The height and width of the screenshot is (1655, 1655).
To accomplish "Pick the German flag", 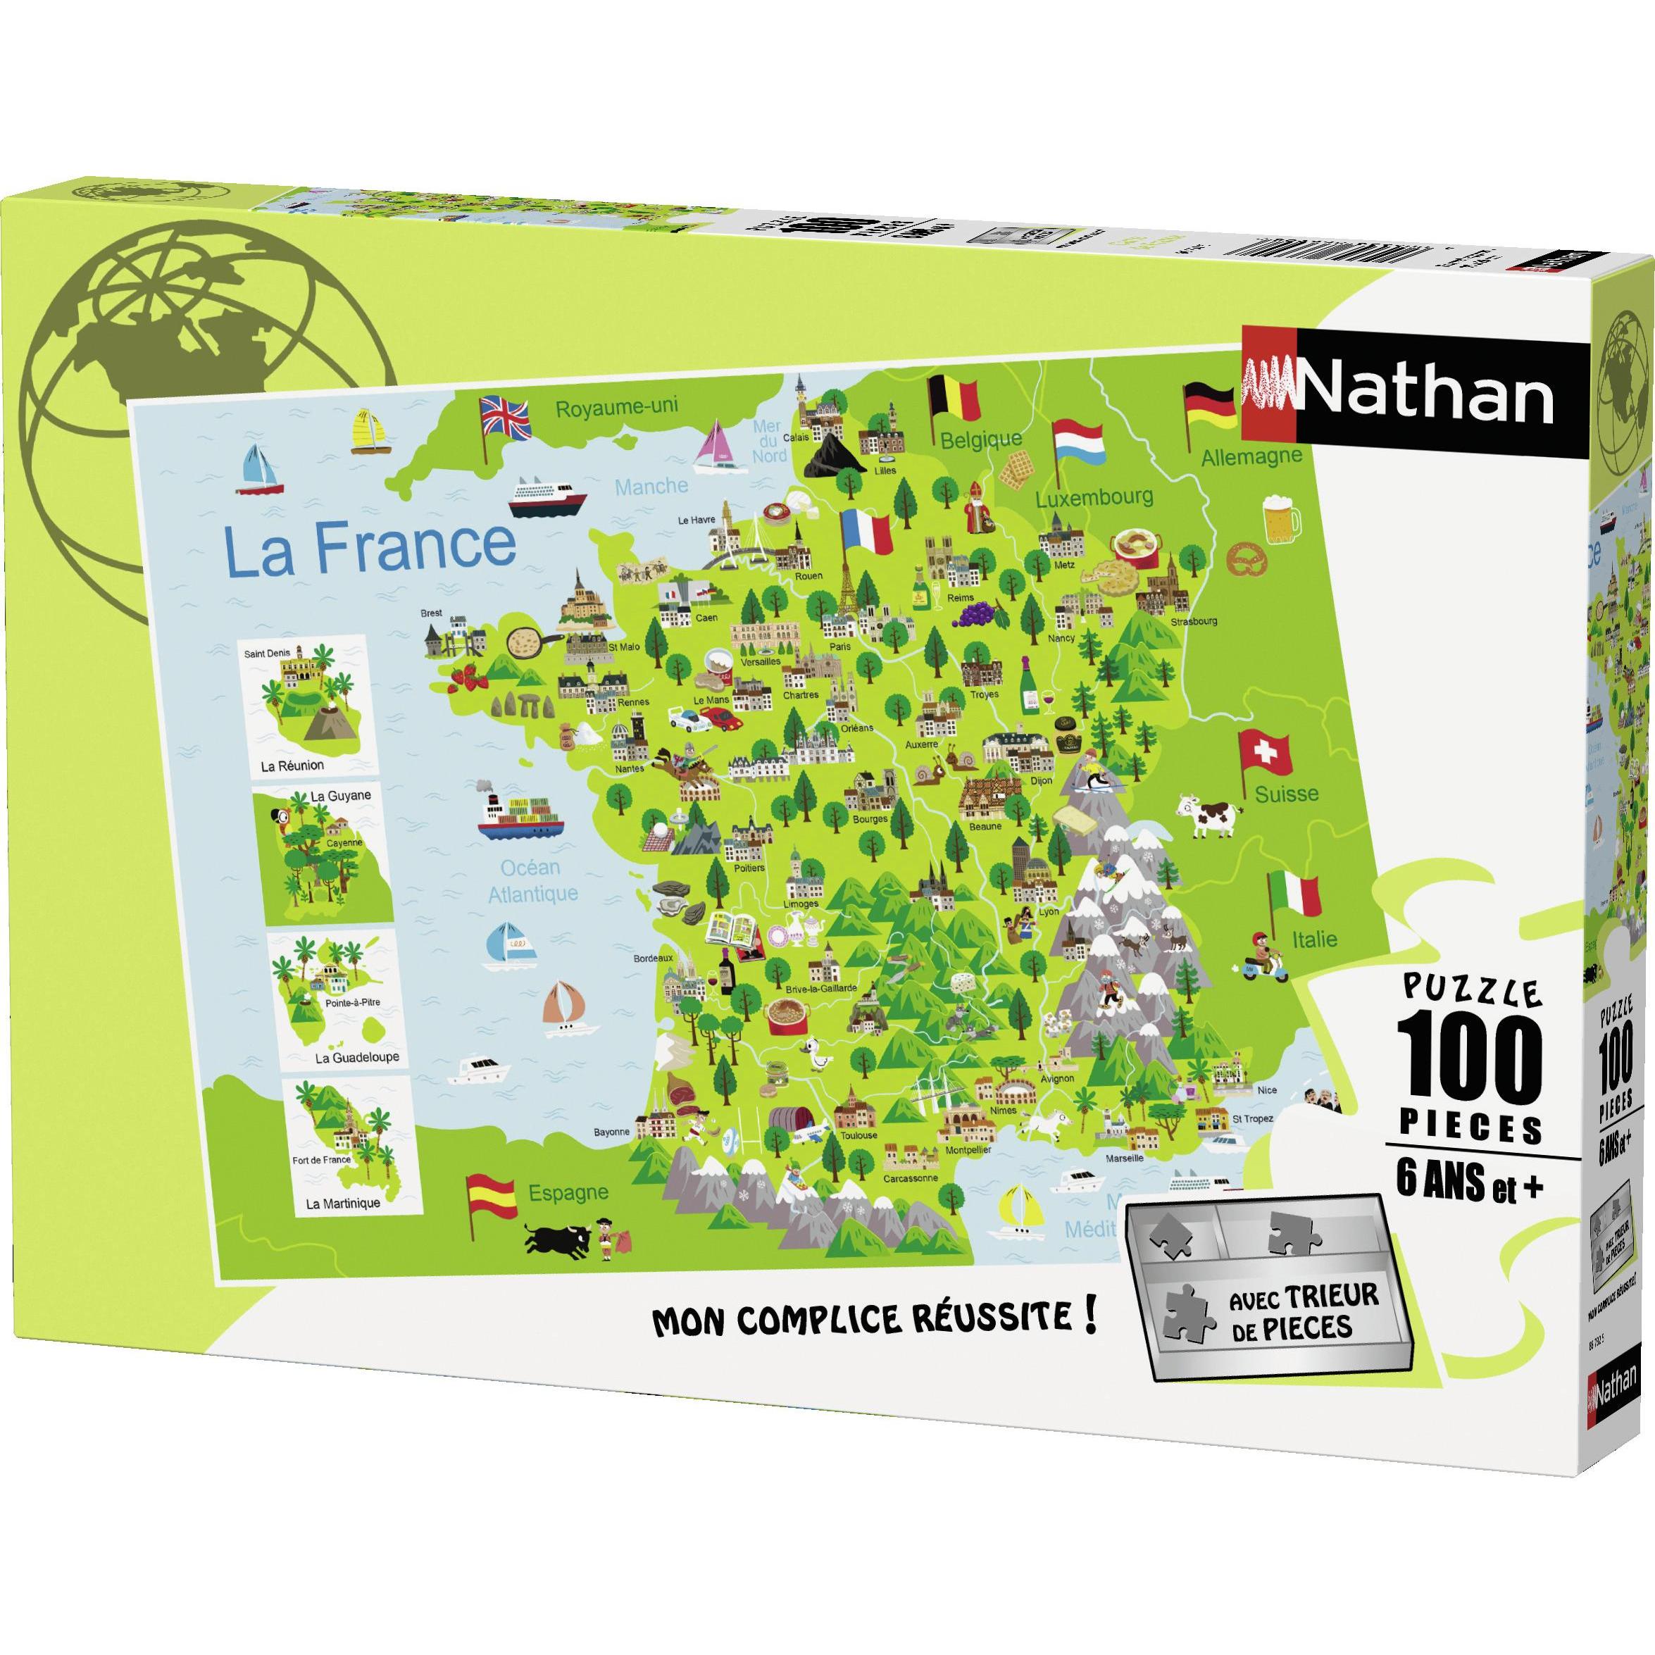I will pyautogui.click(x=1209, y=404).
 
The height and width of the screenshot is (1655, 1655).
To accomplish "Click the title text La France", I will pyautogui.click(x=369, y=545).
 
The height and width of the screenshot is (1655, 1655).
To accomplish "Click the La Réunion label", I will pyautogui.click(x=293, y=765).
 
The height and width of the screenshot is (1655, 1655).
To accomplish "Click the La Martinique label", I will pyautogui.click(x=343, y=1203).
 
